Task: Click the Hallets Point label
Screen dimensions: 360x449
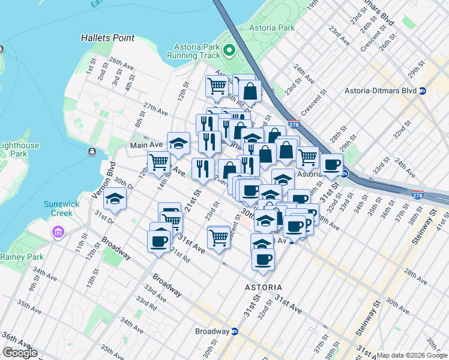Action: (107, 38)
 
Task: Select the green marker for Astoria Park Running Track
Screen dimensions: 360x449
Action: (228, 50)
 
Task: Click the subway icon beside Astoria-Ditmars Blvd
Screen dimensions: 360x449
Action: (423, 91)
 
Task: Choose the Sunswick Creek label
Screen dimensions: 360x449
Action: (61, 208)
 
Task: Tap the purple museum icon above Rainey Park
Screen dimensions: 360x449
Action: (58, 232)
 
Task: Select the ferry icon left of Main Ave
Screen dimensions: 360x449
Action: (91, 152)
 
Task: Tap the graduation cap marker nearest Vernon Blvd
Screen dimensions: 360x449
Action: (115, 199)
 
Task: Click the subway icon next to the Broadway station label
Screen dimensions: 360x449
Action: (235, 331)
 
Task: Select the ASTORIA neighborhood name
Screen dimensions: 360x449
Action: (264, 288)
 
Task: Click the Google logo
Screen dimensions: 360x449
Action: (20, 353)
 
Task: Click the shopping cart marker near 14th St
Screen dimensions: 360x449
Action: (159, 162)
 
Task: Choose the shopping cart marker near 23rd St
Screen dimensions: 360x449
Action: (219, 237)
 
